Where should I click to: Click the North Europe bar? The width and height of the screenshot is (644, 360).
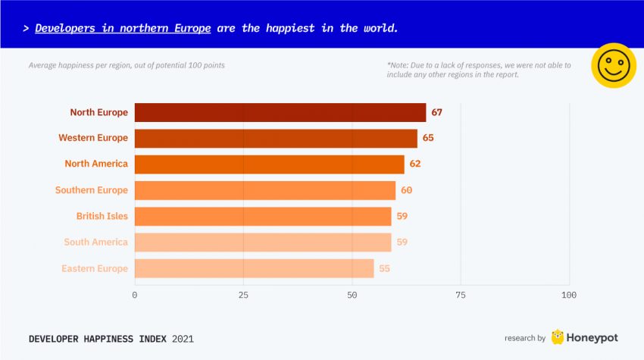pyautogui.click(x=280, y=112)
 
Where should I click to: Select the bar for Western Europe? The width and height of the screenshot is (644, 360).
pyautogui.click(x=276, y=138)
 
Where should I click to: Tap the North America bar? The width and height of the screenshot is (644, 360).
pyautogui.click(x=270, y=164)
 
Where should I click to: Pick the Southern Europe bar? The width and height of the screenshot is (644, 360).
pyautogui.click(x=265, y=189)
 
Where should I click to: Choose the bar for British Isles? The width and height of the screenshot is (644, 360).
pyautogui.click(x=263, y=216)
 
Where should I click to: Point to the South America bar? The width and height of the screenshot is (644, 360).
pyautogui.click(x=263, y=242)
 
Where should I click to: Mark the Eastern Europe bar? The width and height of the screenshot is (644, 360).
pyautogui.click(x=255, y=268)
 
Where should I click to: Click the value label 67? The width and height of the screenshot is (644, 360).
pyautogui.click(x=436, y=112)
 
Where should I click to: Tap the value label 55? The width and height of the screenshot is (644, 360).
pyautogui.click(x=384, y=268)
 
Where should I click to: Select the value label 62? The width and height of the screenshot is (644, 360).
pyautogui.click(x=414, y=164)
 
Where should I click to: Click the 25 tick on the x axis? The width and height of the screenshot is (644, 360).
pyautogui.click(x=243, y=295)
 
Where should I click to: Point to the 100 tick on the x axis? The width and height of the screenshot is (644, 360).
pyautogui.click(x=568, y=295)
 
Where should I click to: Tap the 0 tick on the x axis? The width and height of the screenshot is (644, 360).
pyautogui.click(x=135, y=295)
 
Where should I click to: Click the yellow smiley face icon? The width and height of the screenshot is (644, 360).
pyautogui.click(x=614, y=65)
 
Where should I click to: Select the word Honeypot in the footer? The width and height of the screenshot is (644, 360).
pyautogui.click(x=591, y=338)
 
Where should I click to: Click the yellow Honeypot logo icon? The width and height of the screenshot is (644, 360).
pyautogui.click(x=558, y=337)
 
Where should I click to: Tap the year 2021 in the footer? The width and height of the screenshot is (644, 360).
pyautogui.click(x=183, y=339)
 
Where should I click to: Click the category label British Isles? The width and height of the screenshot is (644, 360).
pyautogui.click(x=102, y=216)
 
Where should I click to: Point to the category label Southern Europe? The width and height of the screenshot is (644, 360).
pyautogui.click(x=91, y=190)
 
